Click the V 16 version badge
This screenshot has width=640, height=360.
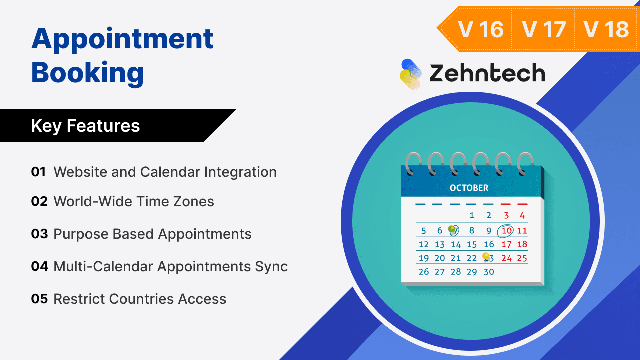(x=480, y=29)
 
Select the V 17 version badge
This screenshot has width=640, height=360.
(x=543, y=29)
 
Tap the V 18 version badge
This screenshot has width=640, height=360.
(x=606, y=29)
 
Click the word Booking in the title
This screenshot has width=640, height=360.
(x=87, y=72)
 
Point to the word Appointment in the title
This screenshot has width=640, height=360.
(x=122, y=38)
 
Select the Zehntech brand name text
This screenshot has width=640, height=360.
(x=487, y=74)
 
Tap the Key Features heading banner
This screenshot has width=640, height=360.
(x=86, y=125)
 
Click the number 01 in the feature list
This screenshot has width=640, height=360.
(x=38, y=172)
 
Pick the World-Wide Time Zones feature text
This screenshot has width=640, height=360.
(x=134, y=201)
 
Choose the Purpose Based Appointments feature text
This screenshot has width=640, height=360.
(x=152, y=234)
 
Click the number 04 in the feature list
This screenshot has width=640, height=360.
(x=39, y=266)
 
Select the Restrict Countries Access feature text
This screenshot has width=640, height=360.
(x=140, y=299)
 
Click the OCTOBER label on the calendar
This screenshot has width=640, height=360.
(x=469, y=188)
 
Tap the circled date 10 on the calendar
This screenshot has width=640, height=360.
(x=506, y=230)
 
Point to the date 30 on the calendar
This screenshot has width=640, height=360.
(x=489, y=272)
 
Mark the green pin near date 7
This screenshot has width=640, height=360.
(x=452, y=229)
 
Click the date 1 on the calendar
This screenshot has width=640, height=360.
(x=472, y=216)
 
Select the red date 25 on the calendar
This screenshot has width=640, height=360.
(x=522, y=258)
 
